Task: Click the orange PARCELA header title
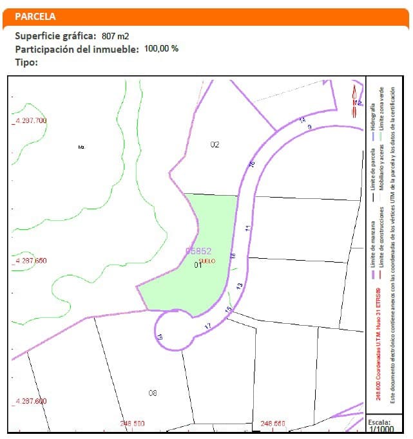click(x=35, y=17)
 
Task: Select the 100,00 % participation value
click(x=161, y=48)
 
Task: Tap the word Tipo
click(x=26, y=62)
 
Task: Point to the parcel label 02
click(x=215, y=145)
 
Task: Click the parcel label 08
click(x=153, y=393)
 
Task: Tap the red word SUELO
click(x=207, y=261)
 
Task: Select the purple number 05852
click(x=198, y=251)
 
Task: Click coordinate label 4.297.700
click(x=30, y=121)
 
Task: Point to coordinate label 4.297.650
click(x=30, y=261)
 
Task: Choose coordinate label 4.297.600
click(x=30, y=401)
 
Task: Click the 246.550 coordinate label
click(x=273, y=424)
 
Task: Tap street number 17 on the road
click(x=207, y=327)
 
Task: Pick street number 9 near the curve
click(x=310, y=127)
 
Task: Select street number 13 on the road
click(x=239, y=286)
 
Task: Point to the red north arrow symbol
click(x=354, y=101)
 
